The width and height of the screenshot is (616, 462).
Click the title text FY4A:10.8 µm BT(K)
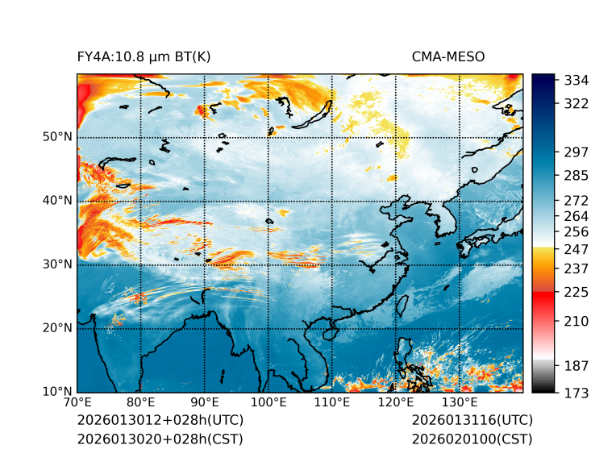pos(144,56)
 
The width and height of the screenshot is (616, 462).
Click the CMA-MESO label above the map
pos(447,56)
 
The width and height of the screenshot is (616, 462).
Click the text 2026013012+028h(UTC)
pos(160,421)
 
